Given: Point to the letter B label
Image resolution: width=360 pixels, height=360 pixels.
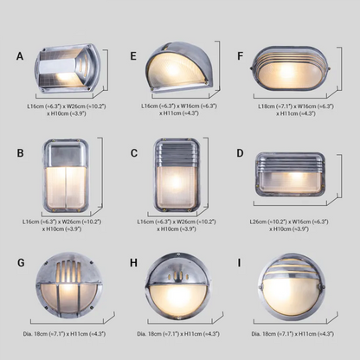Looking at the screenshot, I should (19, 153).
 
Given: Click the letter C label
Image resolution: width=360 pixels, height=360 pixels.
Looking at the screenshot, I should (133, 153).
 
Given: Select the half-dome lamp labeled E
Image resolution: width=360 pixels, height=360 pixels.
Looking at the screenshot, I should (179, 68).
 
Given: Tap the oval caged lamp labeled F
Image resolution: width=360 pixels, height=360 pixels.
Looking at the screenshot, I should (289, 69).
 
